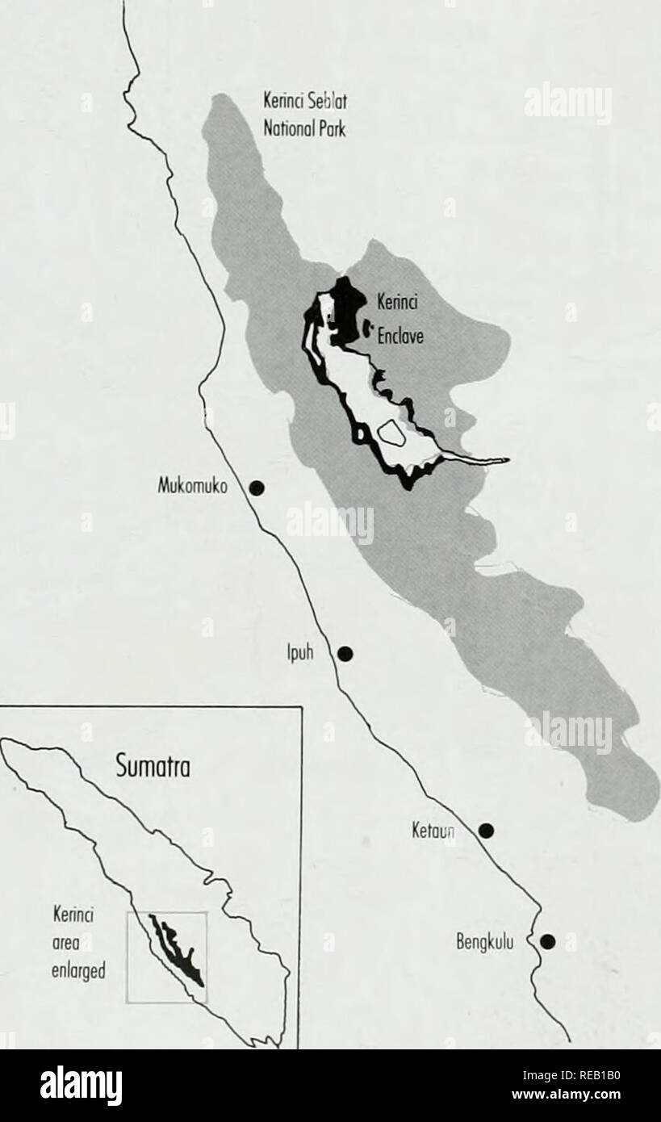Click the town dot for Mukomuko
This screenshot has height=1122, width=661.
click(257, 487)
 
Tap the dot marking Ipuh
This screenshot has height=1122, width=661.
click(345, 653)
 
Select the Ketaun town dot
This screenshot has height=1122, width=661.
click(486, 830)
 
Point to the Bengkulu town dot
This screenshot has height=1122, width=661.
click(548, 940)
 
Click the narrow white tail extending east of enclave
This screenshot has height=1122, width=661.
click(480, 460)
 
